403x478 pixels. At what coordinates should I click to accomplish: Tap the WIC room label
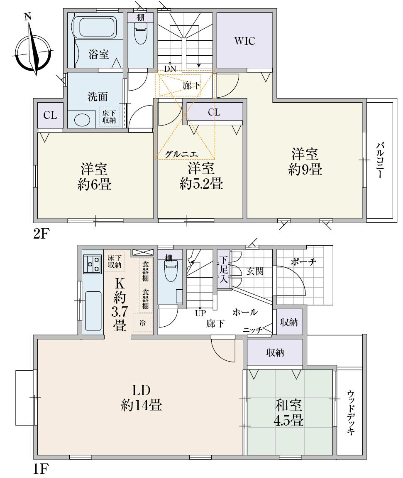[x=244, y=41]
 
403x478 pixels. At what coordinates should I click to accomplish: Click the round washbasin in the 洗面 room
[x=81, y=120]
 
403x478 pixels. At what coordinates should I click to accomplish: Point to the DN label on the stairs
[x=170, y=68]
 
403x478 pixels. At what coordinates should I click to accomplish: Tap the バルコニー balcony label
[x=379, y=160]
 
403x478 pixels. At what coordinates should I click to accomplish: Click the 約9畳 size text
[x=305, y=170]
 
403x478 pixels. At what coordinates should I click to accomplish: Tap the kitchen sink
[x=93, y=306]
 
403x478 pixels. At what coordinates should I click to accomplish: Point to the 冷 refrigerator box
[x=142, y=323]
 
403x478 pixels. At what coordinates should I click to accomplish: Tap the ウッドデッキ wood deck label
[x=351, y=412]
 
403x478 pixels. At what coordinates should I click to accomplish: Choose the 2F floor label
[x=42, y=234]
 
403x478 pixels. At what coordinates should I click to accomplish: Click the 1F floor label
[x=42, y=470]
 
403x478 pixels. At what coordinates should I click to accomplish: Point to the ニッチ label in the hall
[x=252, y=330]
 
